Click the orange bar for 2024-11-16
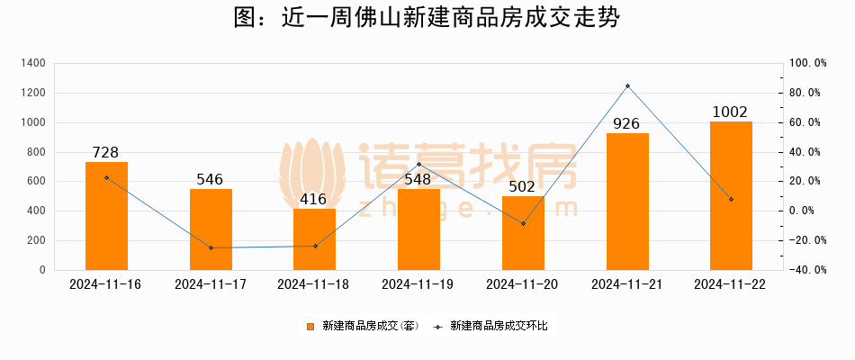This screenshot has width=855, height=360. pyautogui.click(x=106, y=216)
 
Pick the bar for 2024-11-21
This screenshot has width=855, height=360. pyautogui.click(x=627, y=202)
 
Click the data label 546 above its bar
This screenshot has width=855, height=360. pyautogui.click(x=210, y=179)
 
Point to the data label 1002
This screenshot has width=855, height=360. pyautogui.click(x=730, y=112)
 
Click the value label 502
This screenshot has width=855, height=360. pyautogui.click(x=523, y=186)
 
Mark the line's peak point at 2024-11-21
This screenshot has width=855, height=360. pyautogui.click(x=627, y=85)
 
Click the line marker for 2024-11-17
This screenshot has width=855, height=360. pyautogui.click(x=211, y=247)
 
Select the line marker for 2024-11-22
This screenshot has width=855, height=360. pyautogui.click(x=731, y=199)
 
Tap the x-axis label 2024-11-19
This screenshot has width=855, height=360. pyautogui.click(x=418, y=284)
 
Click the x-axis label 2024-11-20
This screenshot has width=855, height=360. pyautogui.click(x=522, y=284)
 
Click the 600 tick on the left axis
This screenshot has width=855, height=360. pyautogui.click(x=36, y=181)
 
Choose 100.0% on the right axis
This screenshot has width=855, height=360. pyautogui.click(x=807, y=63)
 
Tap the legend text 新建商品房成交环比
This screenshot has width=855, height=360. pyautogui.click(x=498, y=326)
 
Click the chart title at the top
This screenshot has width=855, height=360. pyautogui.click(x=427, y=18)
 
